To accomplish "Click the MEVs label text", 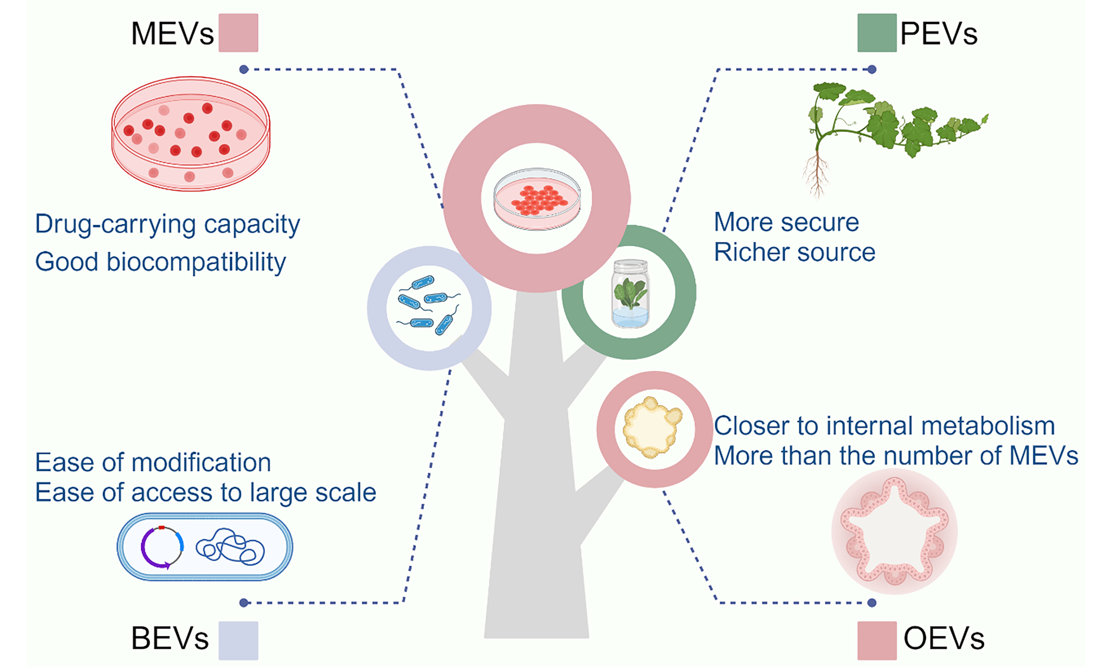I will point(172,34).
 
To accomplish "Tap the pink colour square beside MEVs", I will point(238,33).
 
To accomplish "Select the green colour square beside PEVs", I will point(877,33).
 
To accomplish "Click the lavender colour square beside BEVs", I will point(238,640).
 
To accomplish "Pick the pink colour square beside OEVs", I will point(877,640).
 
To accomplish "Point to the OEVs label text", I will point(944,638).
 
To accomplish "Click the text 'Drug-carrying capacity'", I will point(167,224).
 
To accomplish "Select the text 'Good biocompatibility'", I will point(160,262).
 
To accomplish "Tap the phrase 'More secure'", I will point(787,222).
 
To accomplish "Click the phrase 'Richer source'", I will point(795,252).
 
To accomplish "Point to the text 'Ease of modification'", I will point(153,462).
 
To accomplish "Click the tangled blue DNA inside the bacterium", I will point(230,547).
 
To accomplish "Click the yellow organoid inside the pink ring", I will point(652,427).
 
